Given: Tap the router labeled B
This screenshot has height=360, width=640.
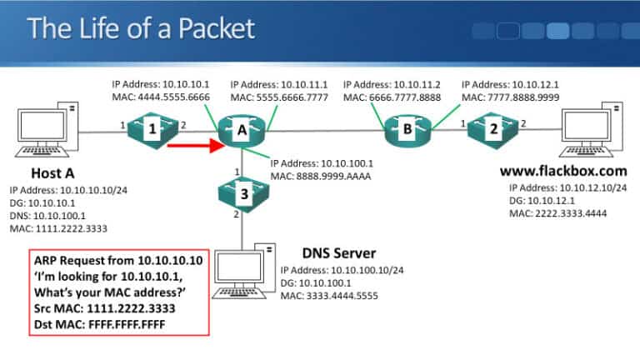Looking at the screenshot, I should point(408,130).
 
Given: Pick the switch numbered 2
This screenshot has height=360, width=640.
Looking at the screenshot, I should point(492,130).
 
